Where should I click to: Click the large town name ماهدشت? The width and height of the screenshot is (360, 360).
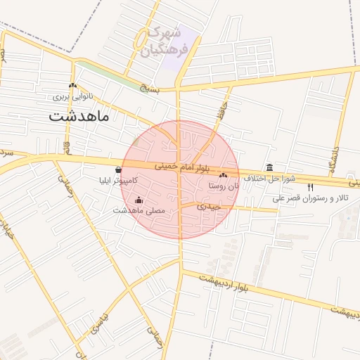click(79, 116)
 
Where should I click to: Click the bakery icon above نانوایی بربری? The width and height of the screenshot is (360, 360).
click(72, 85)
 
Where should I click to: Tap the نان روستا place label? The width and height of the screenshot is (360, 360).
click(224, 186)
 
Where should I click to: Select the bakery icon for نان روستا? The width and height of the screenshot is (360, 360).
click(224, 175)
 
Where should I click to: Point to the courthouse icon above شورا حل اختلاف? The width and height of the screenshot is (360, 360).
click(271, 167)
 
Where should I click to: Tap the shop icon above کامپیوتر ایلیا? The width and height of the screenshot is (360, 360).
click(118, 169)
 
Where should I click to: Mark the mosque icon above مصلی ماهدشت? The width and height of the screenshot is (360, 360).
click(139, 200)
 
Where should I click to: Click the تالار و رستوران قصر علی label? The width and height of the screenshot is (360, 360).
click(310, 199)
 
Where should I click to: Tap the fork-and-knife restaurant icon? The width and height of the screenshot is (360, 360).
click(311, 187)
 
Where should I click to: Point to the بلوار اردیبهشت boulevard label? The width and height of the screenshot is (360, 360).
click(224, 285)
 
